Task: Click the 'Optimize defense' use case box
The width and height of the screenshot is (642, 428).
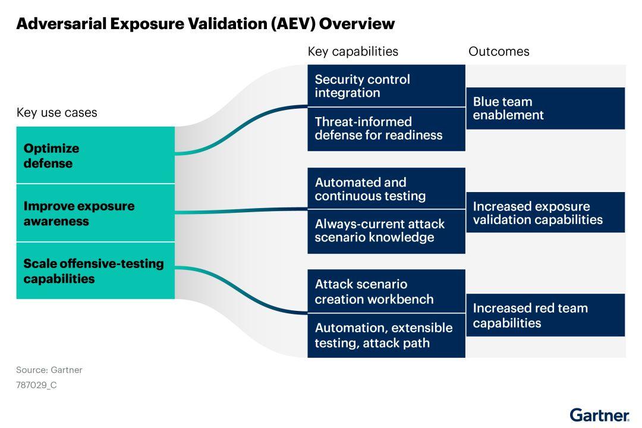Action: coord(95,155)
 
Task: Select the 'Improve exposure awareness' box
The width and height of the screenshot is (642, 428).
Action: coord(95,213)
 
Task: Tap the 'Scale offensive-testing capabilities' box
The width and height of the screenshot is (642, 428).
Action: coord(95,270)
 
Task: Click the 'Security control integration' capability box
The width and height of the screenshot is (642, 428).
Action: coord(386,86)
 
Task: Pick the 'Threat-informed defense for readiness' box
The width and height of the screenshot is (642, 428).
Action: coord(386,129)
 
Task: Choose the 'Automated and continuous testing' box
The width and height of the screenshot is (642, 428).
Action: coord(386,188)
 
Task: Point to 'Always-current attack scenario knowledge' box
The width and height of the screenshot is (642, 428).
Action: coord(386,231)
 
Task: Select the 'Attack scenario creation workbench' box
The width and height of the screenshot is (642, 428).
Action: coord(386,291)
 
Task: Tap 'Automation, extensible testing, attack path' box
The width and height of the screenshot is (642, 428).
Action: coord(386,335)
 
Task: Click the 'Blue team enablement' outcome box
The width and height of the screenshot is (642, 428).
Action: coord(545,108)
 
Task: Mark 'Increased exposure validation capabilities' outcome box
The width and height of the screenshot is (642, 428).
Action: coord(545,212)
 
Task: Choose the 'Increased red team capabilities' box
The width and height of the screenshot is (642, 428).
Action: coord(545,315)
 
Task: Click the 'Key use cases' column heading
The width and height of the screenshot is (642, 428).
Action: coord(56,112)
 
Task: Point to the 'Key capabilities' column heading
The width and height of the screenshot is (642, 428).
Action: coord(353,51)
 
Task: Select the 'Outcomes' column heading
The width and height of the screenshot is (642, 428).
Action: coord(498,51)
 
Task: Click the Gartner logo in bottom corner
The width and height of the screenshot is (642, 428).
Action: coord(599,414)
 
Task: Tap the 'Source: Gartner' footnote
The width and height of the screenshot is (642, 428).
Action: coord(49,370)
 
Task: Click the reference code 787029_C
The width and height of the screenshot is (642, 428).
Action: coord(36,385)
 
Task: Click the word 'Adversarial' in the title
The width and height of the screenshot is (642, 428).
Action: coord(60,24)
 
